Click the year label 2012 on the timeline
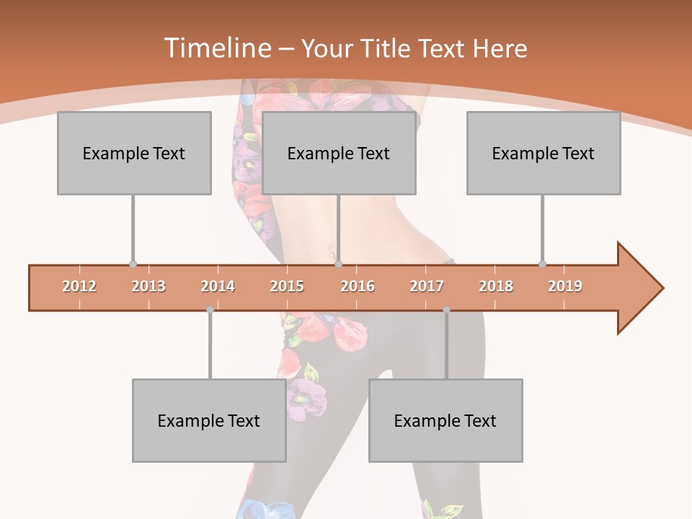(79, 286)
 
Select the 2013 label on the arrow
(148, 286)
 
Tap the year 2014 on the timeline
(218, 286)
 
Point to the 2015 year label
(287, 286)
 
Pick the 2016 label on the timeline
(358, 286)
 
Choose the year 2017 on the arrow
(427, 286)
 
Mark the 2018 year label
(496, 286)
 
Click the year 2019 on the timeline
(565, 286)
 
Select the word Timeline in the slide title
(216, 48)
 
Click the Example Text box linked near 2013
(134, 153)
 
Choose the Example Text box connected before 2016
(339, 153)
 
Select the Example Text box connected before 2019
(544, 153)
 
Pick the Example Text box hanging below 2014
(209, 420)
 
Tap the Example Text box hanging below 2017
(445, 420)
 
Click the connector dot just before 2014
(210, 310)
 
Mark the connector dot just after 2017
(446, 310)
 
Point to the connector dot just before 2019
(542, 264)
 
